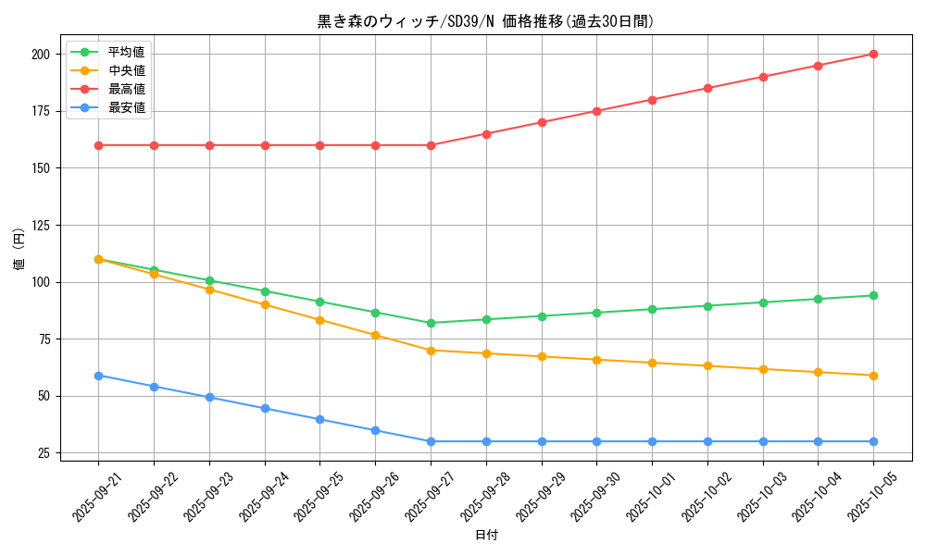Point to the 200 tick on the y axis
coord(40,55)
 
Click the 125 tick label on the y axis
coord(40,226)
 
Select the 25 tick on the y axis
coord(43,453)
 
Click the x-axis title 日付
coord(486,536)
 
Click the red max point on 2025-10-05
coord(873,55)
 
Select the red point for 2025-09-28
coord(486,134)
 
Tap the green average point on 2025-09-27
coord(431,323)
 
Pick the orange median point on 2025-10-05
coord(873,376)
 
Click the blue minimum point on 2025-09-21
coord(98,376)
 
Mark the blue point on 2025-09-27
coord(431,441)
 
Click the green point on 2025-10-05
coord(873,296)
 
